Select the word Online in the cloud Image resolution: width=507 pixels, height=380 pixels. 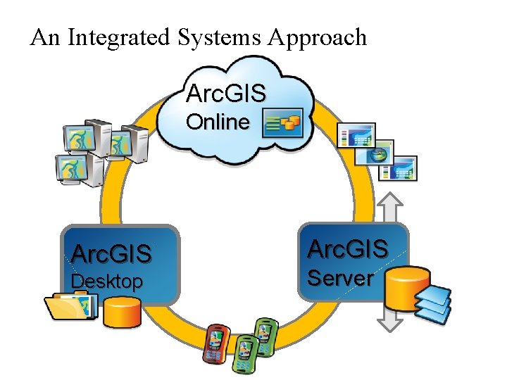[x=218, y=122]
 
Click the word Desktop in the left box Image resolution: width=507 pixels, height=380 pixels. [x=107, y=282]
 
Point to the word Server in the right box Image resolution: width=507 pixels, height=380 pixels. [x=341, y=278]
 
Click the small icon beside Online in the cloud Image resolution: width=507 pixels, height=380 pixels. [x=282, y=122]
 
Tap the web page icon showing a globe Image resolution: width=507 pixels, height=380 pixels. [x=375, y=155]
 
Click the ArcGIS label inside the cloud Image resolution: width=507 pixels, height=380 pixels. [x=225, y=93]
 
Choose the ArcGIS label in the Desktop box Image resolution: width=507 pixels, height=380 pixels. [x=112, y=253]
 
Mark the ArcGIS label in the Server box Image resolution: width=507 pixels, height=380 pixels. [x=348, y=248]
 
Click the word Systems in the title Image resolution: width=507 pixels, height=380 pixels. [x=215, y=37]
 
